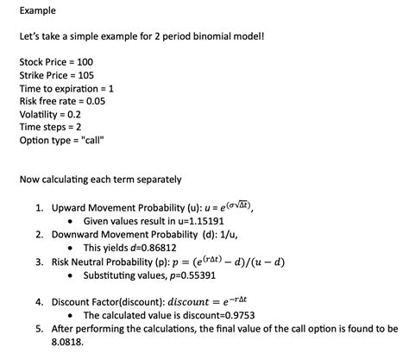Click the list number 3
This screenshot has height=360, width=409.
pyautogui.click(x=40, y=262)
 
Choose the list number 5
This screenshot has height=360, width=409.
pyautogui.click(x=40, y=329)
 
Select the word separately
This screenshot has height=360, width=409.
pyautogui.click(x=155, y=180)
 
